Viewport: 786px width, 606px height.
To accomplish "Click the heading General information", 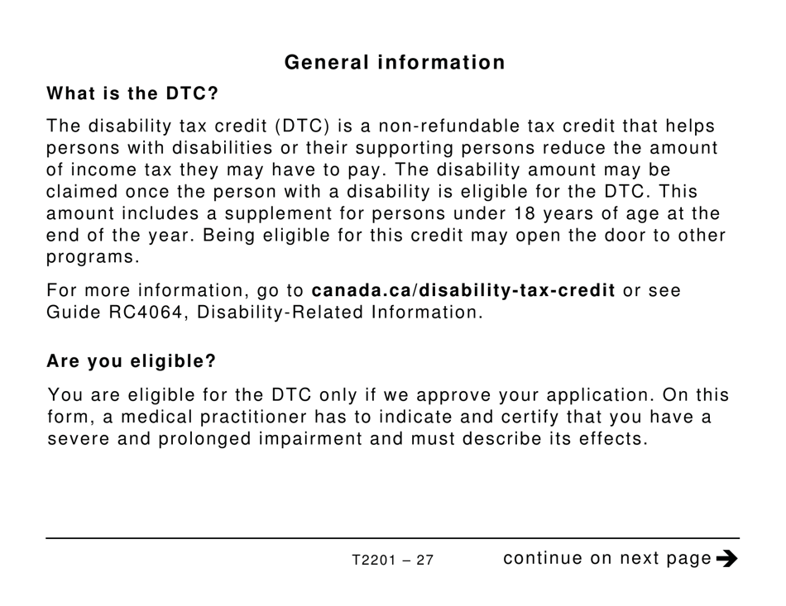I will (394, 63).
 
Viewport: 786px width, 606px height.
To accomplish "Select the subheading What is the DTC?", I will (132, 93).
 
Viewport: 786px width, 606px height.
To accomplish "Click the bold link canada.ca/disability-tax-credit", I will (463, 292).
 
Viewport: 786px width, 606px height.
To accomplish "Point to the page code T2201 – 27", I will (392, 561).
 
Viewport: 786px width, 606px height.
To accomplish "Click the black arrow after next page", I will (726, 559).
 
